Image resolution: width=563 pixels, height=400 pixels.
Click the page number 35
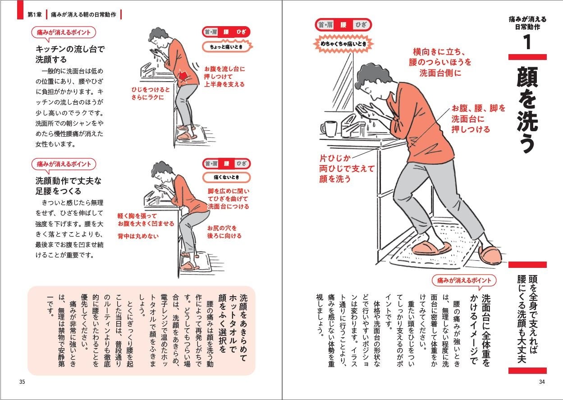pos(22,382)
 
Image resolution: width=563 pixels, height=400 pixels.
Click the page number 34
pos(542,382)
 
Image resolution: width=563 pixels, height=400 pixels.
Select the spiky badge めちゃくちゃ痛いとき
pos(344,44)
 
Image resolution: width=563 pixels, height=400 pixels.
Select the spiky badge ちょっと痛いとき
pos(226,46)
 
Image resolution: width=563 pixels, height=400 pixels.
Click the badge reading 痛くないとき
pos(226,176)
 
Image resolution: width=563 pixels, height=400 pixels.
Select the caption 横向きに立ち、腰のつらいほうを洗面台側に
pos(440,62)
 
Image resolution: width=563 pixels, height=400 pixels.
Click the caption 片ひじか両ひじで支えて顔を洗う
pos(347,169)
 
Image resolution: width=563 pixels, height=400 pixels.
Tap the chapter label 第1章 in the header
pos(34,14)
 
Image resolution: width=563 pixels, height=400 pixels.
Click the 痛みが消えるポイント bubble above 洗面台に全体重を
pos(464,280)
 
